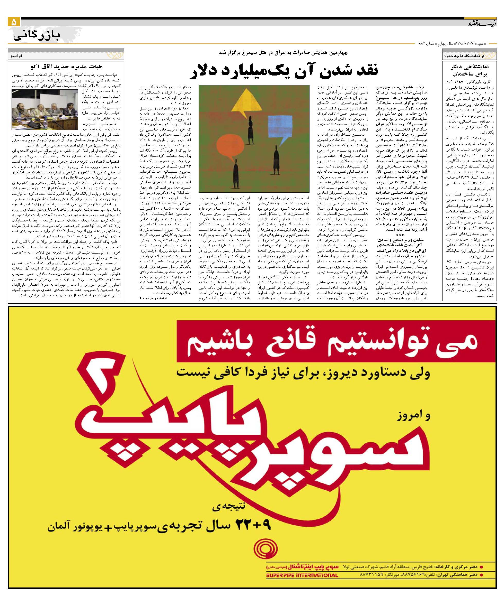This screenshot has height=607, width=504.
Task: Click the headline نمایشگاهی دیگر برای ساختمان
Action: pyautogui.click(x=469, y=70)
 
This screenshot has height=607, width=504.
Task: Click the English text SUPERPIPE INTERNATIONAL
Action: pyautogui.click(x=302, y=582)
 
